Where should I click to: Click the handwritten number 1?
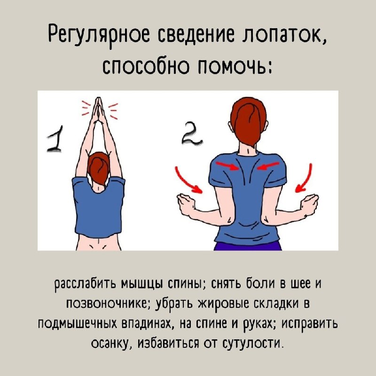(x=55, y=139)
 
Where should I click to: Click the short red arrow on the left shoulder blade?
(x=227, y=166)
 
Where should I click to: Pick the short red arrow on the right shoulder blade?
(x=268, y=165)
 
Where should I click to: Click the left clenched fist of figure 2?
(x=186, y=204)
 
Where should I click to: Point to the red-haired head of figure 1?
(x=99, y=168)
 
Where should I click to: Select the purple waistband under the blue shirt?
(x=248, y=246)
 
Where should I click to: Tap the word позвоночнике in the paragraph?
(x=110, y=304)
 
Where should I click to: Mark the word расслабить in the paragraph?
(x=86, y=285)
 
